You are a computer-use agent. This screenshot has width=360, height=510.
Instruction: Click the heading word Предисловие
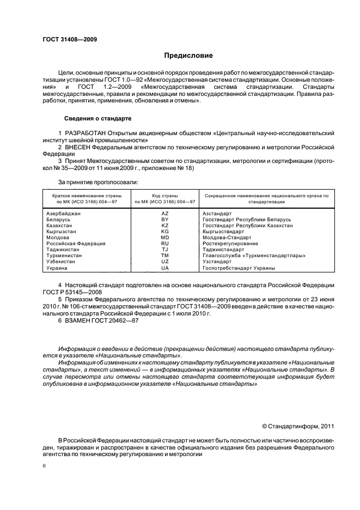[x=188, y=56]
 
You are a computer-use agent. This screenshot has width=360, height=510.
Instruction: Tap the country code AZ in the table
[x=165, y=213]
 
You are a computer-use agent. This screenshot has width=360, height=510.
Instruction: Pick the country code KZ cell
[x=165, y=225]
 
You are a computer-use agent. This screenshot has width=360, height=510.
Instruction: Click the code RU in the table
[x=165, y=244]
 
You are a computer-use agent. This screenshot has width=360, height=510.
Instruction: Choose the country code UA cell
[x=165, y=268]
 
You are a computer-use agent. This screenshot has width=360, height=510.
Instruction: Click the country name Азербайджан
[x=64, y=213]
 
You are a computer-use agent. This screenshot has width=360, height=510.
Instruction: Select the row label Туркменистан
[x=65, y=256]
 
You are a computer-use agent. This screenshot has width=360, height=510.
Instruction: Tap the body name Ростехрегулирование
[x=230, y=244]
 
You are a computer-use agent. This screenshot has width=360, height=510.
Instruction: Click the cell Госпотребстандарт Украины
[x=238, y=268]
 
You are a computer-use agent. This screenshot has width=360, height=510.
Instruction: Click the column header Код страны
[x=165, y=195]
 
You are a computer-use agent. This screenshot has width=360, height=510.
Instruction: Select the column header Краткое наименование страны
[x=87, y=195]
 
